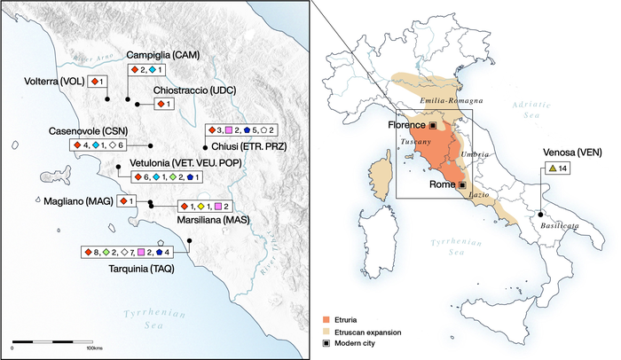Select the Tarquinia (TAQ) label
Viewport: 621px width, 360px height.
[141, 267]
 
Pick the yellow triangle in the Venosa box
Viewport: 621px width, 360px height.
[553, 168]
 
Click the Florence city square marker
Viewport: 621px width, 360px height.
[433, 126]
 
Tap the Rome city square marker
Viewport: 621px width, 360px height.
[462, 184]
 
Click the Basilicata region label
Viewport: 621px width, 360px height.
[556, 226]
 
